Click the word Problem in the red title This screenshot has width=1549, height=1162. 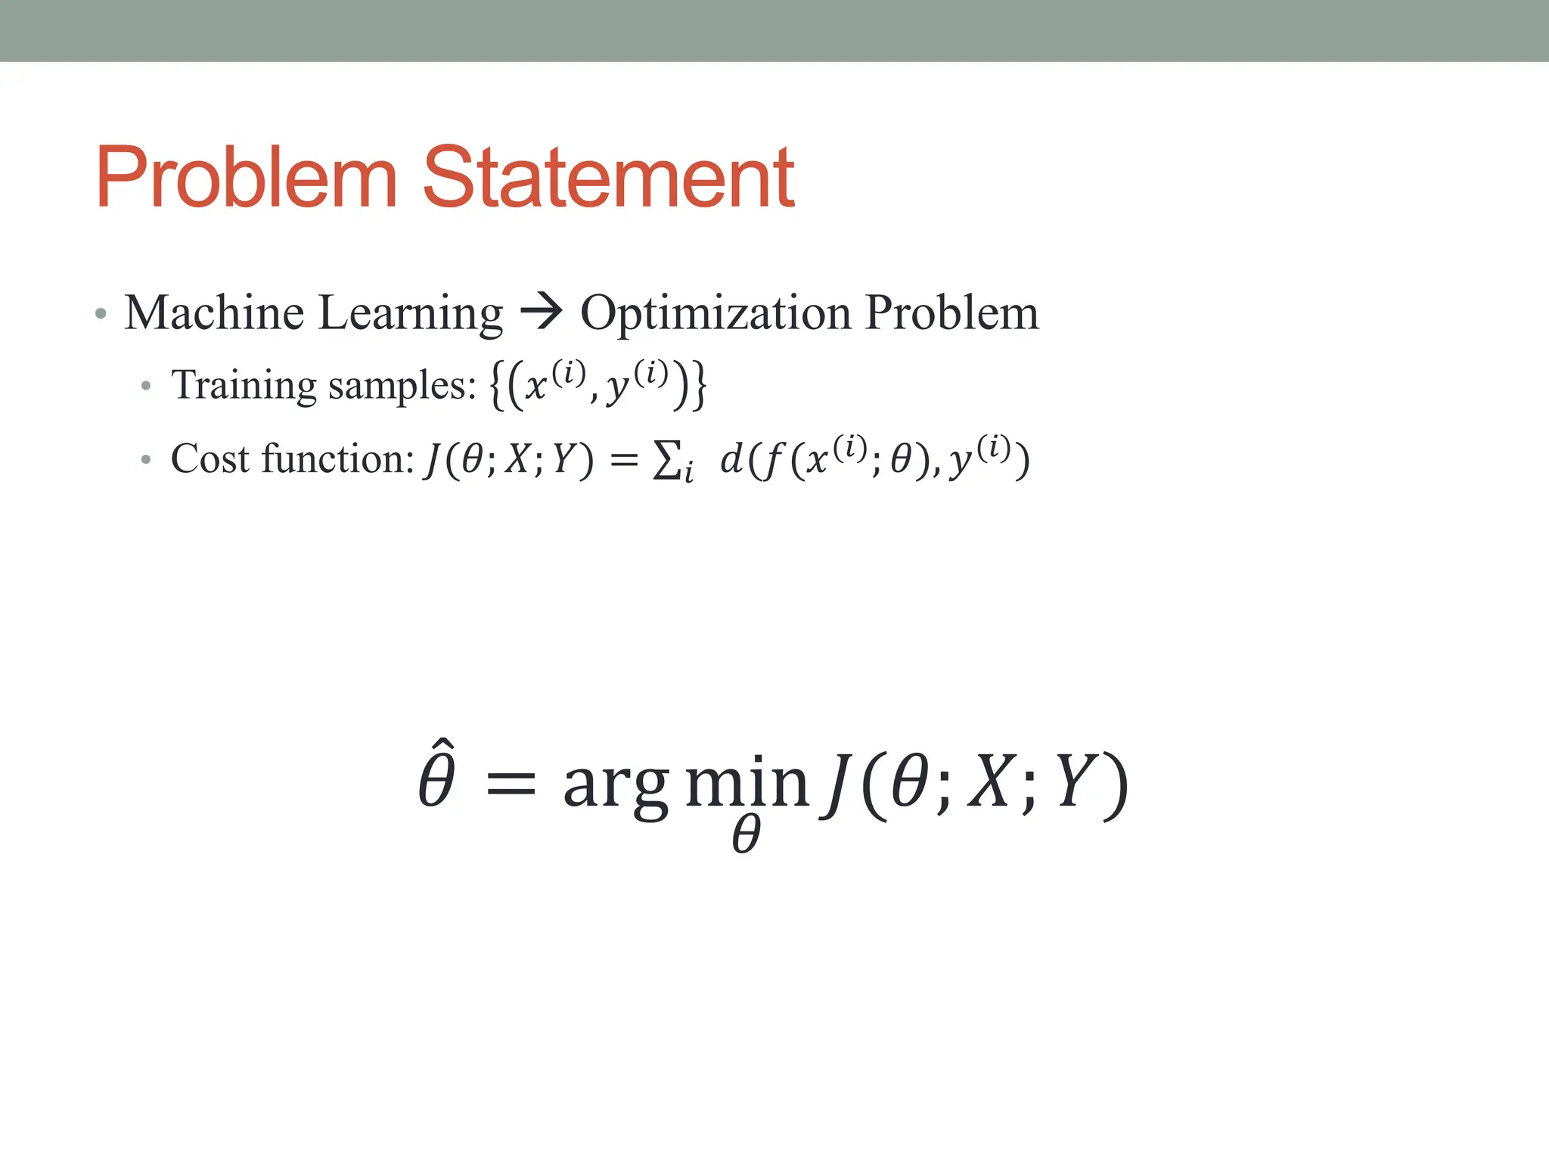pos(246,178)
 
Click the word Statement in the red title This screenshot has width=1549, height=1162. pos(608,178)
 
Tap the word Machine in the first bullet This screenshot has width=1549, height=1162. pos(214,312)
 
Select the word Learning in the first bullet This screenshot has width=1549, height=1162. pos(410,314)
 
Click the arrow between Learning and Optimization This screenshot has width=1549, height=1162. pos(542,312)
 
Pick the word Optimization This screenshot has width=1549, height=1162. pos(715,314)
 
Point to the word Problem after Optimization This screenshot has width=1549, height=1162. pos(951,312)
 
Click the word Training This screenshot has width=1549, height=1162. pos(244,385)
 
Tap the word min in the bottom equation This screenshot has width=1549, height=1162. pos(747,783)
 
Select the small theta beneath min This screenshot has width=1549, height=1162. pos(746,836)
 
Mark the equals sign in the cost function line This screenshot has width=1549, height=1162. pos(624,459)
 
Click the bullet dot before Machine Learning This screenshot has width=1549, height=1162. pos(101,313)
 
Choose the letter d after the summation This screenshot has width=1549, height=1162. pos(731,458)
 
